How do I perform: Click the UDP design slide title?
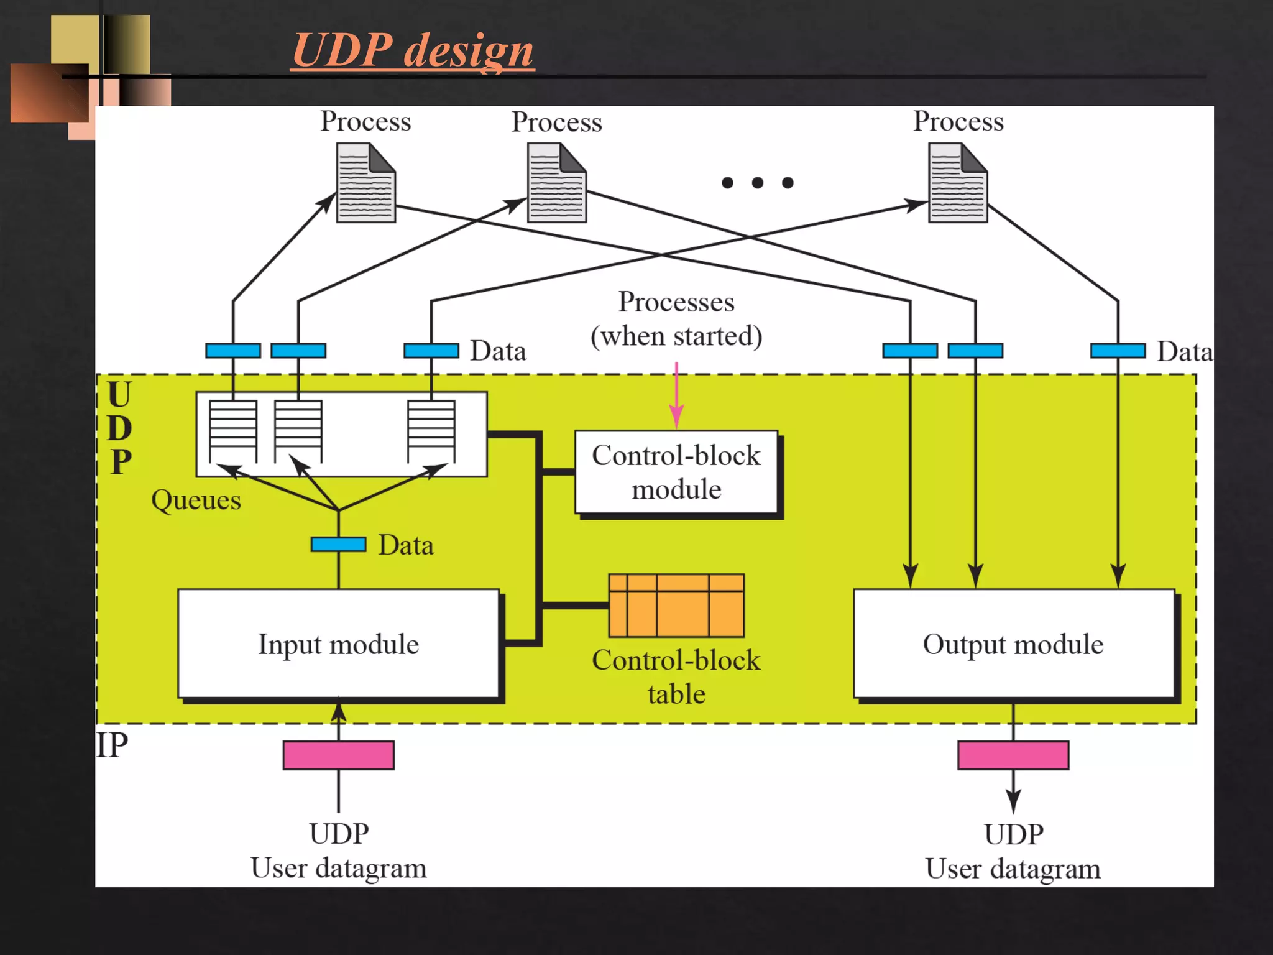pos(413,50)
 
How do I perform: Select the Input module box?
pos(338,644)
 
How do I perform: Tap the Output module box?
pos(1013,644)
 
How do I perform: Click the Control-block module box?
pos(676,473)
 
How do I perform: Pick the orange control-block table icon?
pos(676,606)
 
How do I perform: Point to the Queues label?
pos(196,500)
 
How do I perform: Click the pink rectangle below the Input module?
pos(338,755)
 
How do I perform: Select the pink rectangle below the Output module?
pos(1013,755)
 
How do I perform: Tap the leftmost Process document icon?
pos(365,183)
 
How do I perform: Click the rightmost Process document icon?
pos(958,183)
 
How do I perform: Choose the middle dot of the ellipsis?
pos(758,183)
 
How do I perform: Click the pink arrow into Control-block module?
pos(676,398)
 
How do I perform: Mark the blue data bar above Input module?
pos(338,545)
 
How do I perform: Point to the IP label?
pos(113,745)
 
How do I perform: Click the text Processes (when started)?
pos(676,319)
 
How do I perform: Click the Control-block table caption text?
pos(676,676)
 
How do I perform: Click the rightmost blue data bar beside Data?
pos(1118,351)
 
